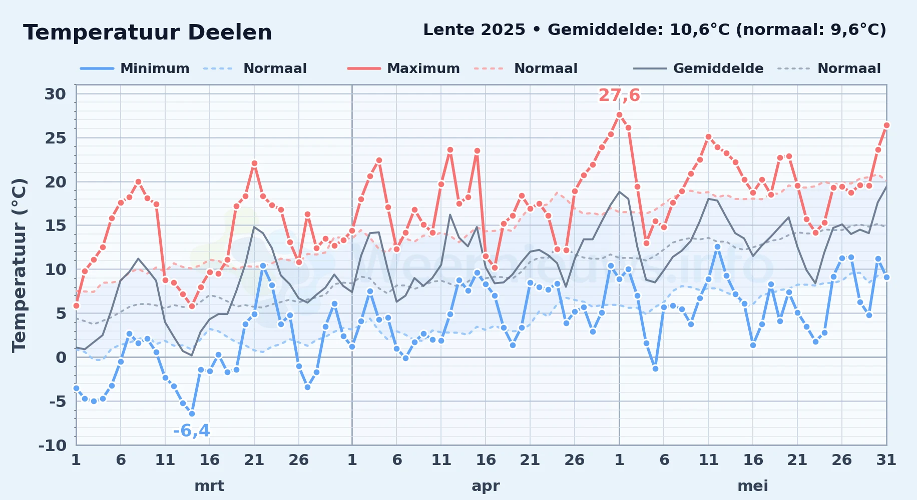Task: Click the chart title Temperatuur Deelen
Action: (x=148, y=32)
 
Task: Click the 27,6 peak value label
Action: (x=619, y=95)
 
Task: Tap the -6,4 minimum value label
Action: (x=191, y=430)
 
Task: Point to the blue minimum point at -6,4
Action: (x=192, y=413)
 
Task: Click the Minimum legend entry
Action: (x=135, y=68)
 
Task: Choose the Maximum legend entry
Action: (x=403, y=68)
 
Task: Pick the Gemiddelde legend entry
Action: (x=698, y=68)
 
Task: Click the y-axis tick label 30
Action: (x=55, y=94)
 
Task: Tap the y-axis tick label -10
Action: (x=52, y=445)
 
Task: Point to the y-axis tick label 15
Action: (x=55, y=225)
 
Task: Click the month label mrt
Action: (x=209, y=486)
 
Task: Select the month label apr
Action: (x=486, y=486)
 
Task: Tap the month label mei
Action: (x=753, y=486)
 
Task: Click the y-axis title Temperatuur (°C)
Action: (x=19, y=265)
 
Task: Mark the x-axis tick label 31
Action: (x=886, y=459)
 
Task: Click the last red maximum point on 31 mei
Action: (x=886, y=125)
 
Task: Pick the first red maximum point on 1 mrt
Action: (x=76, y=305)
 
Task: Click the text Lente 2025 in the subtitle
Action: (x=474, y=29)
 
